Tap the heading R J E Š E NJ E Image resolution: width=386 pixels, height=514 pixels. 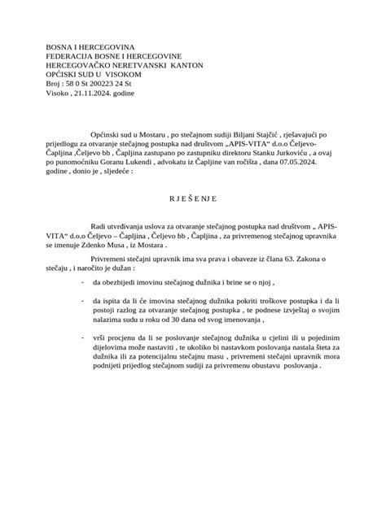[192, 198]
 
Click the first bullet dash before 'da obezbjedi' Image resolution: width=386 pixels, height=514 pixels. [84, 281]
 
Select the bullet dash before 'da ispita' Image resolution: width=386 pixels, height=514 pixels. [84, 301]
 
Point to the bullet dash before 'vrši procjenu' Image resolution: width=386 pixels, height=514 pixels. [84, 335]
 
